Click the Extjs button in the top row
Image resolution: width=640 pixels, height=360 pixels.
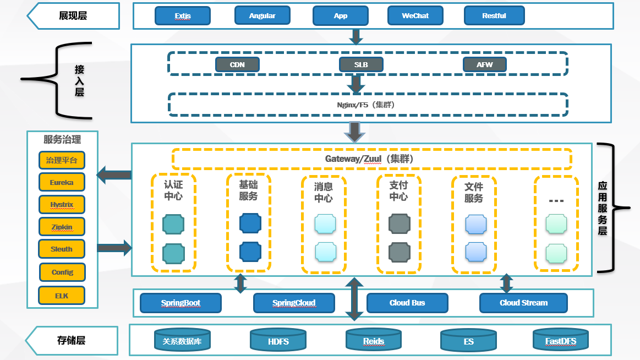pos(183,16)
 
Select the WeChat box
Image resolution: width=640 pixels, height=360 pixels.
pos(415,16)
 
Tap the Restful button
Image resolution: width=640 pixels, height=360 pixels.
pos(494,16)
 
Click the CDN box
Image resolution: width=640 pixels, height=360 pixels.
pos(237,65)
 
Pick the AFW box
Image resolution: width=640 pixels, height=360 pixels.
pos(485,65)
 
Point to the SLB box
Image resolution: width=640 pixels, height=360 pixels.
pos(361,65)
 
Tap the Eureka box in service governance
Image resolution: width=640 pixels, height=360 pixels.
pos(62,182)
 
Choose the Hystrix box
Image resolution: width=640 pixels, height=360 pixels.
pos(62,204)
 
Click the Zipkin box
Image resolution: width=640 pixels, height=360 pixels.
pos(62,227)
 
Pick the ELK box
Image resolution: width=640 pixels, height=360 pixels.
pos(62,296)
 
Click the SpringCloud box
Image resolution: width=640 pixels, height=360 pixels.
pos(294,303)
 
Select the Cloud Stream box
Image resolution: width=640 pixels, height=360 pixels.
pos(523,303)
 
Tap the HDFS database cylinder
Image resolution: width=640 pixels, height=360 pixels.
pos(278,341)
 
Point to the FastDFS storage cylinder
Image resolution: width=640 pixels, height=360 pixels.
pos(561,341)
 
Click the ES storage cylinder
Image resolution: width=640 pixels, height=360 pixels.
pos(468,341)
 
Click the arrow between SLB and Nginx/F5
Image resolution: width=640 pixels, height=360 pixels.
pos(356,84)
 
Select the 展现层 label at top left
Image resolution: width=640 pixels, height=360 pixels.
pos(73,16)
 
